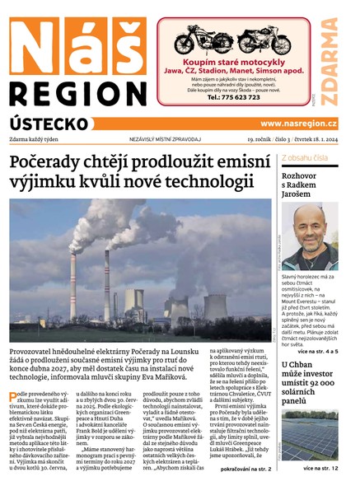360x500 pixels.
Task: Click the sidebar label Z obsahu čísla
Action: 305,157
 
